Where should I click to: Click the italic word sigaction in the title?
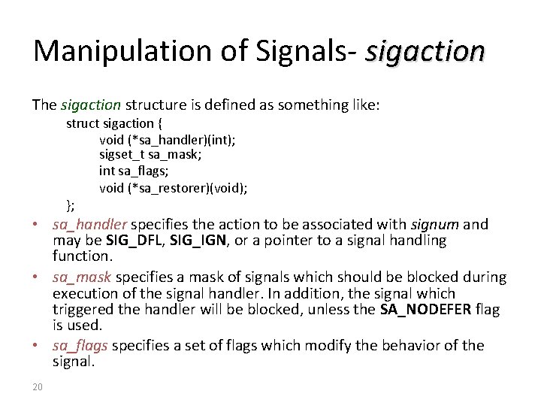pyautogui.click(x=425, y=51)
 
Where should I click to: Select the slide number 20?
pyautogui.click(x=38, y=387)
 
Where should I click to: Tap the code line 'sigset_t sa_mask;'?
pyautogui.click(x=150, y=155)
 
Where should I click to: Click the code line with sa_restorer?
pyautogui.click(x=173, y=188)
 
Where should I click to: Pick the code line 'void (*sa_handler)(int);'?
pyautogui.click(x=167, y=139)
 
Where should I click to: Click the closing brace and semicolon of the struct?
pyautogui.click(x=71, y=205)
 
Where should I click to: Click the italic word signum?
pyautogui.click(x=434, y=224)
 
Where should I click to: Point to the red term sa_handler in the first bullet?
pyautogui.click(x=91, y=224)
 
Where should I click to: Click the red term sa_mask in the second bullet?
pyautogui.click(x=81, y=277)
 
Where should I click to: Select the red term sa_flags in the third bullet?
pyautogui.click(x=80, y=345)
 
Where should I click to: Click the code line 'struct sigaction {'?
pyautogui.click(x=118, y=123)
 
